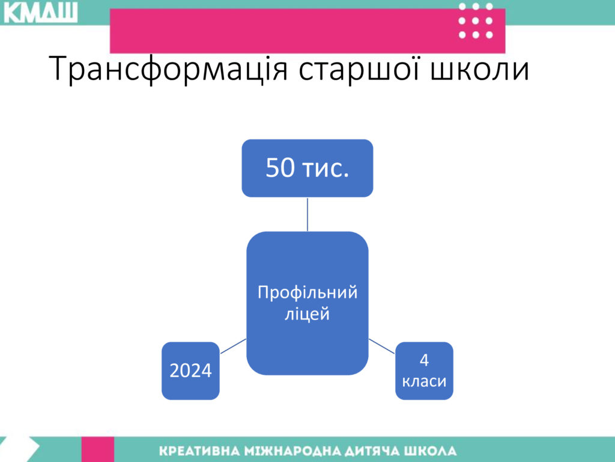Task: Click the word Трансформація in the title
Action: [169, 69]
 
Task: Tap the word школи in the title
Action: [480, 69]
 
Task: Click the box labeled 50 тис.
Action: [307, 168]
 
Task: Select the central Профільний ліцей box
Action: [307, 303]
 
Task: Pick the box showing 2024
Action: [190, 371]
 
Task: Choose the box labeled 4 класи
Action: [424, 371]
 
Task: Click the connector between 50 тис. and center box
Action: [307, 215]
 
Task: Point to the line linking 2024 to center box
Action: [233, 346]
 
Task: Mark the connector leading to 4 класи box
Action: [381, 346]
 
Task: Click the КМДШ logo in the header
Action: [40, 12]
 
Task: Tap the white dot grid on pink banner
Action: [476, 21]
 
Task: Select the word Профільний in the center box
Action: [307, 293]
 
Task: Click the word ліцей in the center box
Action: [307, 314]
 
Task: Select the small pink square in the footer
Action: [98, 449]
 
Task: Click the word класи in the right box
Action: [425, 381]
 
